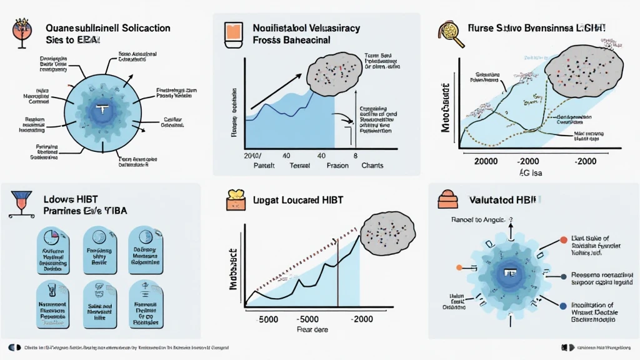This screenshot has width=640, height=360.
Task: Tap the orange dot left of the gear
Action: point(459,268)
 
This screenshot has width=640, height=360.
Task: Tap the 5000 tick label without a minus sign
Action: point(267,319)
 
